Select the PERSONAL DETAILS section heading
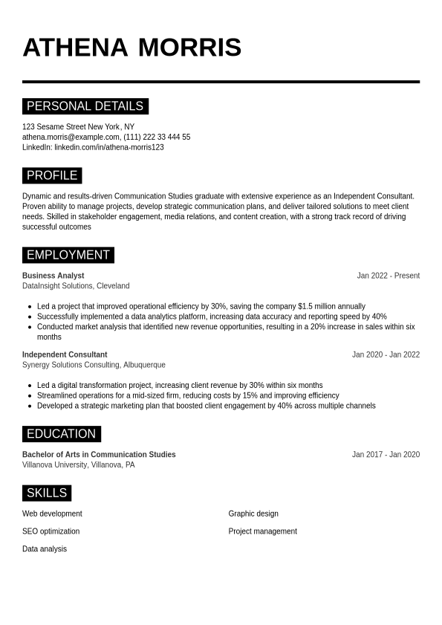coord(85,106)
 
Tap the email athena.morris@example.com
coord(71,137)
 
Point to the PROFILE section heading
coord(52,176)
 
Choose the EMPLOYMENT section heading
coord(68,256)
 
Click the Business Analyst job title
coord(53,276)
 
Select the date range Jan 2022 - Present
coord(388,276)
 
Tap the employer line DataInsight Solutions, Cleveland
coord(76,286)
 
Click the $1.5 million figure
coord(314,306)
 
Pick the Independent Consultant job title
coord(65,355)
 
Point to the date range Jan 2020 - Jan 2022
coord(386,355)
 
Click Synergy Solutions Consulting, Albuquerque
coord(94,366)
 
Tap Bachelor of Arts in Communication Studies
coord(99,455)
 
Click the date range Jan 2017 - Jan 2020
coord(386,455)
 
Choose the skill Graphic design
coord(253,514)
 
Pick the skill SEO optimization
coord(51,532)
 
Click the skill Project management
coord(262,532)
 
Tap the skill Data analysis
coord(45,549)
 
